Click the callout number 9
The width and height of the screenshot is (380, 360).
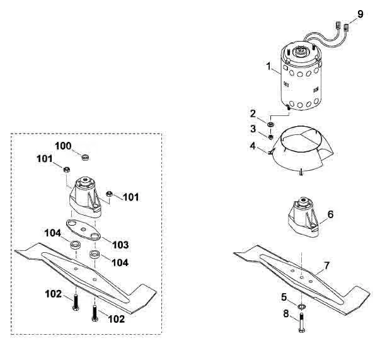pos(360,14)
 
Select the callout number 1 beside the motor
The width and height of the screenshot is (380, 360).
pos(268,66)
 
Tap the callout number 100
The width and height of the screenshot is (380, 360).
pos(63,146)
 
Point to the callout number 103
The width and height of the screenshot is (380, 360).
pos(120,245)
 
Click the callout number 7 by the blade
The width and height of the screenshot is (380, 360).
pos(327,266)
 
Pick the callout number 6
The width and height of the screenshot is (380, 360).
pos(330,214)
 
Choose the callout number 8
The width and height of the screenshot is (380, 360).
pos(286,314)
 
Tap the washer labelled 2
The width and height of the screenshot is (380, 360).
pos(270,124)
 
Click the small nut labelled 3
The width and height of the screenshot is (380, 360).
pos(271,137)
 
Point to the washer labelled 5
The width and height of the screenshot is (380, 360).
pos(301,307)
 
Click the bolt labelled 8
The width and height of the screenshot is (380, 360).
pos(302,322)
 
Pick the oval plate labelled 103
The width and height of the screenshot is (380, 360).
pos(83,230)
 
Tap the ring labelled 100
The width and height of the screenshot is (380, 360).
pos(85,157)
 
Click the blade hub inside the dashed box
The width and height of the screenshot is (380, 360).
pos(85,197)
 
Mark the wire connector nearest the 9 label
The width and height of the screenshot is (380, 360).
pos(346,27)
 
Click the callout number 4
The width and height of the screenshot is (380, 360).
pos(253,146)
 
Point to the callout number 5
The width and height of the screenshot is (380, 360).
pos(284,297)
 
